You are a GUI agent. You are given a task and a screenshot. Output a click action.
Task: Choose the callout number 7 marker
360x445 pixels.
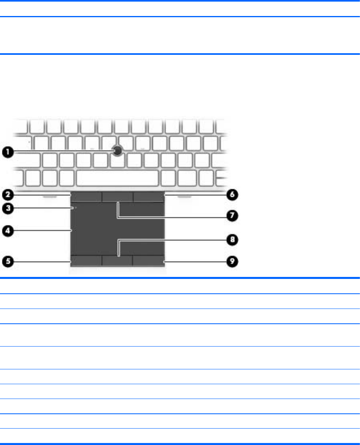tap(232, 216)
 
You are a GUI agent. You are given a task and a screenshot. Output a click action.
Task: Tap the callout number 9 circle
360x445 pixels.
tap(232, 261)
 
